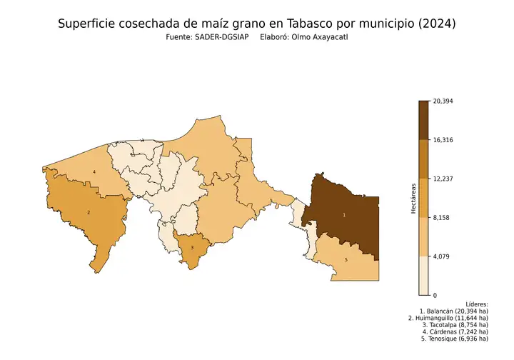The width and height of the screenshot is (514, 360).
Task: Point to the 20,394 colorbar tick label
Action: (443, 101)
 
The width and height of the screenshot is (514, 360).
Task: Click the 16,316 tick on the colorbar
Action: (443, 140)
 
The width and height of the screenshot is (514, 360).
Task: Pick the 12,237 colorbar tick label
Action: (443, 179)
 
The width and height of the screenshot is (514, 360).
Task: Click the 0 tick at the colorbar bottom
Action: (434, 295)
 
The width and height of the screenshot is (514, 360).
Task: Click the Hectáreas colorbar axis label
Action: (413, 198)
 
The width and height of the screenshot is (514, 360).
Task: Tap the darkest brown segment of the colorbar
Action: (423, 120)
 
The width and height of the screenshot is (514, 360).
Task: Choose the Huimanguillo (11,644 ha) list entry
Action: (448, 318)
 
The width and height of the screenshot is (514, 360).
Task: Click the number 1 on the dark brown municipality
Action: (344, 214)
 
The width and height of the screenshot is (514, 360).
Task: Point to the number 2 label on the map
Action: (89, 212)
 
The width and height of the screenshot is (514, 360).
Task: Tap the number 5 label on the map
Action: (346, 260)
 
